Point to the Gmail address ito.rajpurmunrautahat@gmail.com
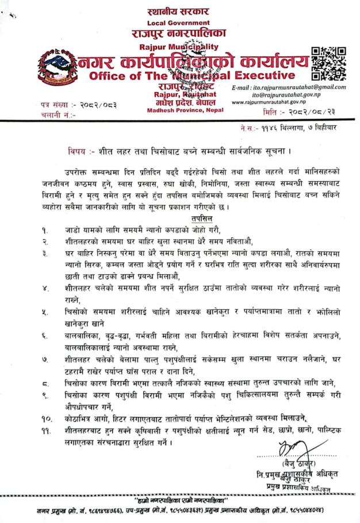pos(296,87)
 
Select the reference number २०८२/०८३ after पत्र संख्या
pos(109,105)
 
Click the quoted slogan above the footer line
pos(179,495)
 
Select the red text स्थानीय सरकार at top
pos(179,11)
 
